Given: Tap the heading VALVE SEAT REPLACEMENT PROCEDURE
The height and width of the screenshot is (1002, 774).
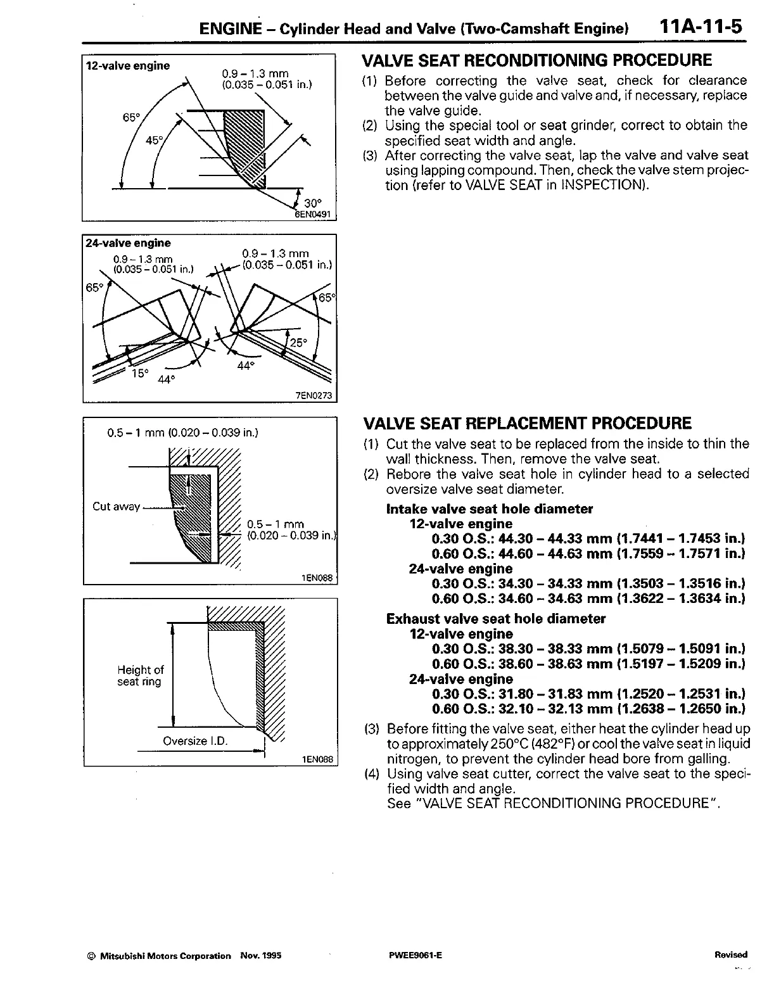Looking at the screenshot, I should tap(527, 424).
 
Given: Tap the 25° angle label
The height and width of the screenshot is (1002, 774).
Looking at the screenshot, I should tap(298, 343).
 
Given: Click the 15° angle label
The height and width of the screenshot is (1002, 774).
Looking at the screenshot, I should tap(139, 373).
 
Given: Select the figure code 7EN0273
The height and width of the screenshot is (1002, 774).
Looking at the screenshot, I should tap(314, 396).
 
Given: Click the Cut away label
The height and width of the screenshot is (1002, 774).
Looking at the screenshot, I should tap(116, 506).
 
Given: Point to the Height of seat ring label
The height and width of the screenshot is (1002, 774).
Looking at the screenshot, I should tap(140, 676).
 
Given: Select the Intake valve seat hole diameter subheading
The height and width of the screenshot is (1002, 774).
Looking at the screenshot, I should tap(489, 509).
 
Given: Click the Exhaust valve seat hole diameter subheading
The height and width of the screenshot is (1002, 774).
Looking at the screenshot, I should tap(495, 619).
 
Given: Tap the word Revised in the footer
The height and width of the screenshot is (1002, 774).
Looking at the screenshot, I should tap(730, 955).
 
